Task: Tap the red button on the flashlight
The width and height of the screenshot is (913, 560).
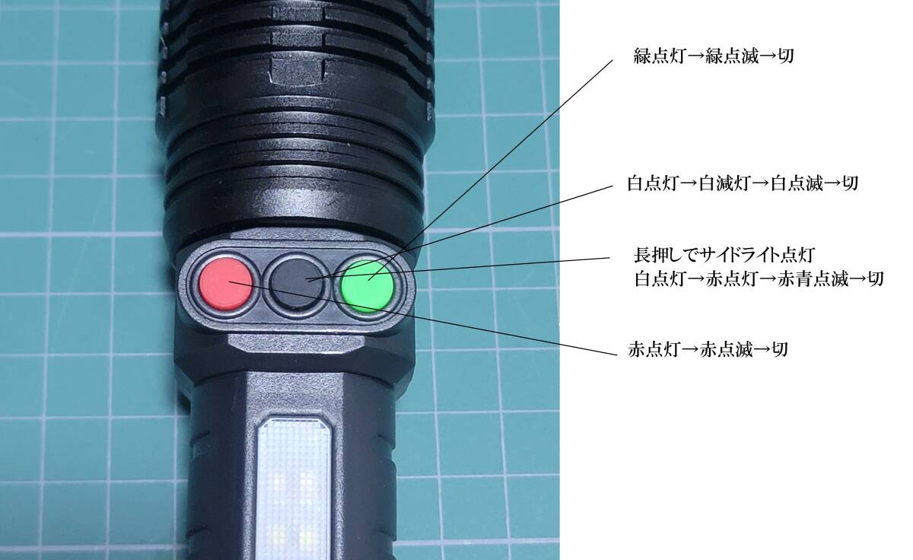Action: pyautogui.click(x=221, y=285)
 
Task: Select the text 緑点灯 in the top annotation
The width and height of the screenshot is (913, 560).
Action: pyautogui.click(x=657, y=56)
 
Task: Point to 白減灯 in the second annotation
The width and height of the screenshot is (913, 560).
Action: pyautogui.click(x=721, y=184)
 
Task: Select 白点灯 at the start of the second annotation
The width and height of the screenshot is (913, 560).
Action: pyautogui.click(x=651, y=184)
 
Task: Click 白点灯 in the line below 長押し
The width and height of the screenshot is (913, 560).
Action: pyautogui.click(x=657, y=278)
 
